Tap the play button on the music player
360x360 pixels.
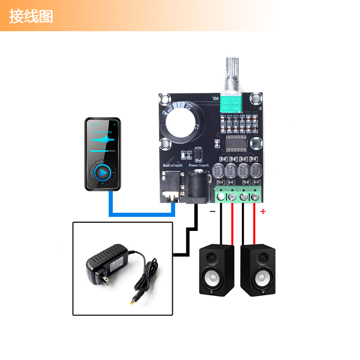pyautogui.click(x=102, y=172)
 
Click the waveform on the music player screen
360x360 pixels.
pyautogui.click(x=103, y=140)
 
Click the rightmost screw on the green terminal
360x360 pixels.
pyautogui.click(x=255, y=196)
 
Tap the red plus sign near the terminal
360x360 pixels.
pyautogui.click(x=263, y=211)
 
